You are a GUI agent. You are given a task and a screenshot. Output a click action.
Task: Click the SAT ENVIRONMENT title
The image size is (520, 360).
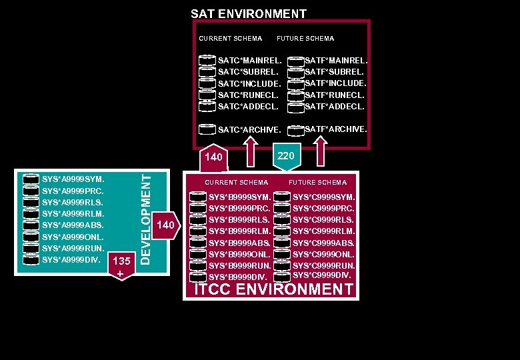(x=248, y=13)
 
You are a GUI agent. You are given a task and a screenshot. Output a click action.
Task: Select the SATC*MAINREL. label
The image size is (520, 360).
(x=249, y=61)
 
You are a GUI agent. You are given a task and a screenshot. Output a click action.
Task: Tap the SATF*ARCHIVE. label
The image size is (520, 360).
(x=335, y=129)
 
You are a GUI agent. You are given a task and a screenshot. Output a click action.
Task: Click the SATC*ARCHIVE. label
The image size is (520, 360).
(x=248, y=130)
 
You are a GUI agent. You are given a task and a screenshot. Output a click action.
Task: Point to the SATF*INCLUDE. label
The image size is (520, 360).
(x=335, y=83)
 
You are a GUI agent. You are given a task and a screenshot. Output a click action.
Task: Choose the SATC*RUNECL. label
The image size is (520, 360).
(x=248, y=95)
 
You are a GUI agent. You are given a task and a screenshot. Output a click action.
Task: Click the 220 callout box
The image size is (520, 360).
(x=286, y=156)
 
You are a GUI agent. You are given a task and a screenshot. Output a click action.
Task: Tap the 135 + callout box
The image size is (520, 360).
(x=121, y=267)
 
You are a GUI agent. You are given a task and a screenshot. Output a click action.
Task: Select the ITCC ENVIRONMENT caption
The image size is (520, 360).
(x=272, y=289)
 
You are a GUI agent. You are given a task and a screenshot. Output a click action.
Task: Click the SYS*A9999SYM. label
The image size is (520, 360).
(x=73, y=179)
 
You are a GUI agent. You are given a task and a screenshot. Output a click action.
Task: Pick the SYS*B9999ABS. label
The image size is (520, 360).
(x=239, y=243)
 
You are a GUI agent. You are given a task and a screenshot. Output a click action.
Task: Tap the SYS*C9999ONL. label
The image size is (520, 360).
(x=323, y=254)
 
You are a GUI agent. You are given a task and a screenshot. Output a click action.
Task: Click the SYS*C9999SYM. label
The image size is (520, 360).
(x=323, y=197)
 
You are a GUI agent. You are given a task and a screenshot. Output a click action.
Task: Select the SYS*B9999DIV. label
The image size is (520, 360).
(x=237, y=277)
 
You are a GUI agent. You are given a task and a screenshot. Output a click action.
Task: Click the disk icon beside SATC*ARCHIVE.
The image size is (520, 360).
(x=207, y=129)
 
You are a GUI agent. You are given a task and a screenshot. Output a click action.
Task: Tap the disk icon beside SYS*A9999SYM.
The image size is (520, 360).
(x=31, y=179)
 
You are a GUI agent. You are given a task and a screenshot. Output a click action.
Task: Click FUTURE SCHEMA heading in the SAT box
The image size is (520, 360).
(x=305, y=39)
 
